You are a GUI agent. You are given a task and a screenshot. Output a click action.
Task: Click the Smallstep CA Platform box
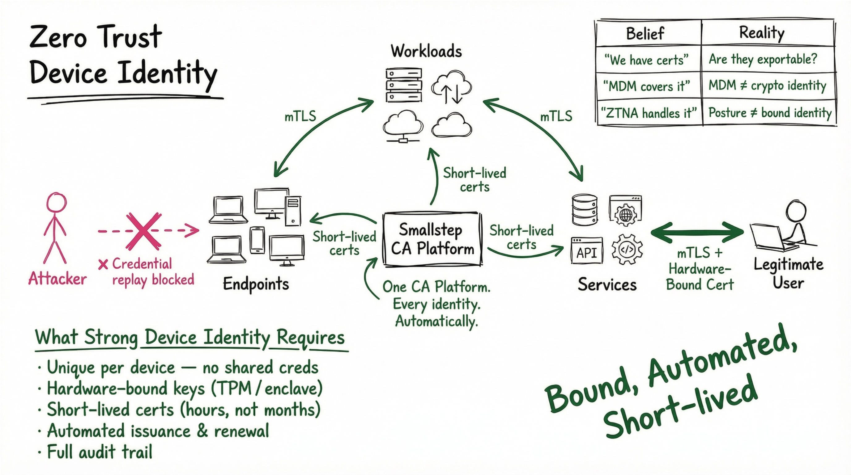432,239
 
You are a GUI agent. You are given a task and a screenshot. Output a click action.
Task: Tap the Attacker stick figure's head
57,202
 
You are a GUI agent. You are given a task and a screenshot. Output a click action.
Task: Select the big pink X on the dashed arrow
144,231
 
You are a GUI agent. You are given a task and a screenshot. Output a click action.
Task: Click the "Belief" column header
645,33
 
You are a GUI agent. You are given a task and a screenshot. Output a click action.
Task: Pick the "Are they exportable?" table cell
763,59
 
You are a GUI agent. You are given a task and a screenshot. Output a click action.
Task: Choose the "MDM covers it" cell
646,86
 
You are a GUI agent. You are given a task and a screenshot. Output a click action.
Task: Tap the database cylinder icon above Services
585,210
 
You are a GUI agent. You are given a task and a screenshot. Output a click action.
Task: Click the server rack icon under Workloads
404,85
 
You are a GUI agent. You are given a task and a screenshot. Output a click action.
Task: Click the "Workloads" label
426,51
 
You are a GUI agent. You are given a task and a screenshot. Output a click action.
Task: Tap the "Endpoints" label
256,284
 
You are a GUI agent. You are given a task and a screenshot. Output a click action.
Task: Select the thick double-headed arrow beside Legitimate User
697,232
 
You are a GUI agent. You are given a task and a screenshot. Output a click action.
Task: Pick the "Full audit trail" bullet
100,452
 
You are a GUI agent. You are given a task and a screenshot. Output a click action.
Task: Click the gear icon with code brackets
627,249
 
